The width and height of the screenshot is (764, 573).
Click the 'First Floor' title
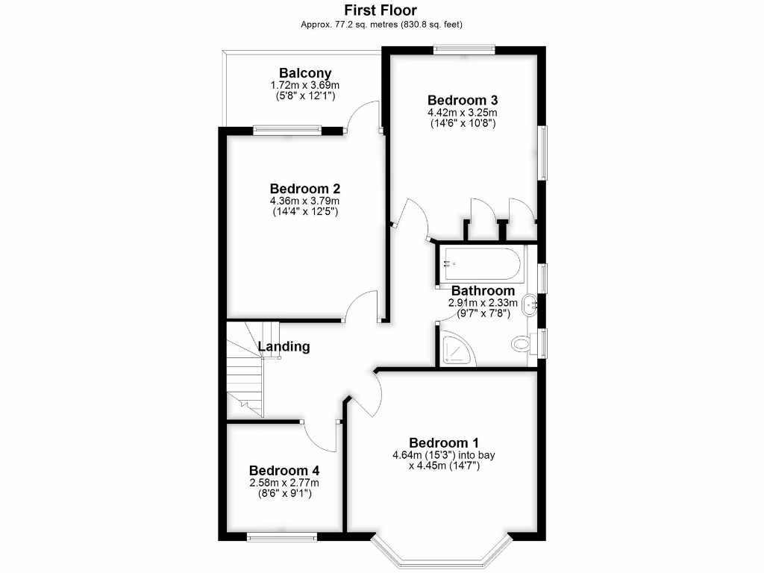[381, 10]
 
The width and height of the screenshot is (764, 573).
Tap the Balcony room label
[305, 73]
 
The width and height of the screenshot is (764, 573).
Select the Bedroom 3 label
[462, 100]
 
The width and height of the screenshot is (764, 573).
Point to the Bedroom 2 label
[305, 188]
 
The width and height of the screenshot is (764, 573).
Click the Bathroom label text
[483, 291]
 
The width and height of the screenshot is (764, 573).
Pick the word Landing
[284, 346]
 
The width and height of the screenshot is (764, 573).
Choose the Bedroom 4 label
[284, 471]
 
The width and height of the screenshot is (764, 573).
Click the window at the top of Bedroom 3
[465, 51]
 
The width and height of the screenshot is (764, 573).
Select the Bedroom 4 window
[282, 536]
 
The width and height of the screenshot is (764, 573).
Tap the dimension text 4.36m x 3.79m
[305, 201]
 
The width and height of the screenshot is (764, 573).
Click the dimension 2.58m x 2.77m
[284, 483]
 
